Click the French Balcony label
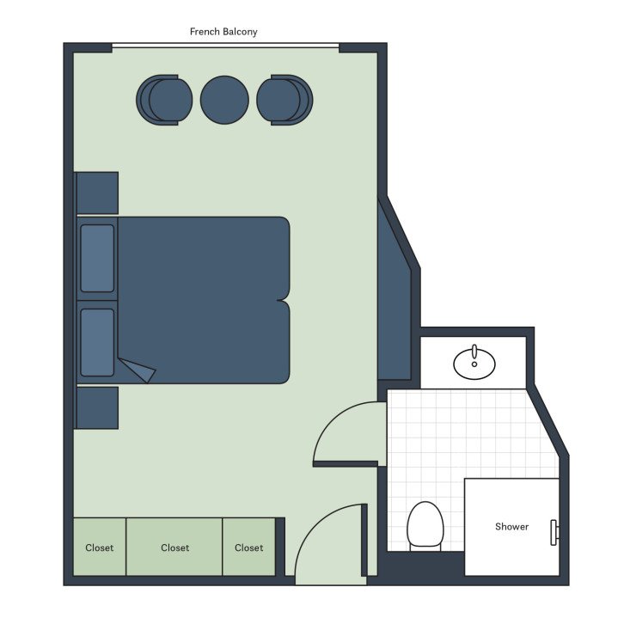tap(223, 32)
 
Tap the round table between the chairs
tap(224, 100)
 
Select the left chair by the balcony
tap(164, 100)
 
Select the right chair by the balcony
tap(284, 100)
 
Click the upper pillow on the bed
tap(97, 258)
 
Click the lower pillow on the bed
tap(97, 342)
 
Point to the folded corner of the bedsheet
tap(138, 370)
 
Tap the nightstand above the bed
tap(97, 193)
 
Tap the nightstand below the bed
tap(97, 407)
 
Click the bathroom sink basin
tap(474, 362)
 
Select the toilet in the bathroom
tap(424, 524)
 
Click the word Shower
tap(511, 526)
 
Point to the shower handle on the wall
tap(555, 532)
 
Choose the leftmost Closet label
tap(100, 548)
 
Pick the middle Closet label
tap(174, 548)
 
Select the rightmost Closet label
tap(249, 548)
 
